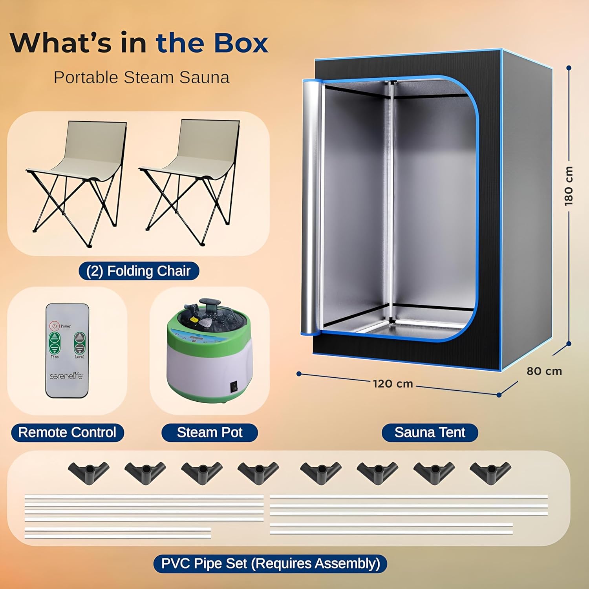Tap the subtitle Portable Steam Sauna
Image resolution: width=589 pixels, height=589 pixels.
pyautogui.click(x=141, y=77)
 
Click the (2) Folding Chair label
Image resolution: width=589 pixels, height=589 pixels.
pyautogui.click(x=139, y=271)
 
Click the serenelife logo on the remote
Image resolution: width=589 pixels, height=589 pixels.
pyautogui.click(x=66, y=376)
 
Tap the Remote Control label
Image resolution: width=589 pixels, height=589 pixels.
pyautogui.click(x=67, y=432)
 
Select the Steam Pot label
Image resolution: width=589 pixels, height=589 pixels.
pyautogui.click(x=210, y=432)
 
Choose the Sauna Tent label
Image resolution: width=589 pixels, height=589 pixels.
pyautogui.click(x=430, y=432)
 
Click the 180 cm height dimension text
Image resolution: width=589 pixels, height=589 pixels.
pyautogui.click(x=569, y=185)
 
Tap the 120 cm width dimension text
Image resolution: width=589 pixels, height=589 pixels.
pyautogui.click(x=393, y=383)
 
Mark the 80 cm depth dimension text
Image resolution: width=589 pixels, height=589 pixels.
pyautogui.click(x=544, y=371)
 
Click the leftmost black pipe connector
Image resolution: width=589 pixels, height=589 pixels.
pyautogui.click(x=89, y=471)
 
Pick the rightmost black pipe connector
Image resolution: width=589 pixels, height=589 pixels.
pyautogui.click(x=490, y=471)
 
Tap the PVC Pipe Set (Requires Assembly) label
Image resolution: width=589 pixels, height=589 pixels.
pyautogui.click(x=270, y=563)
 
